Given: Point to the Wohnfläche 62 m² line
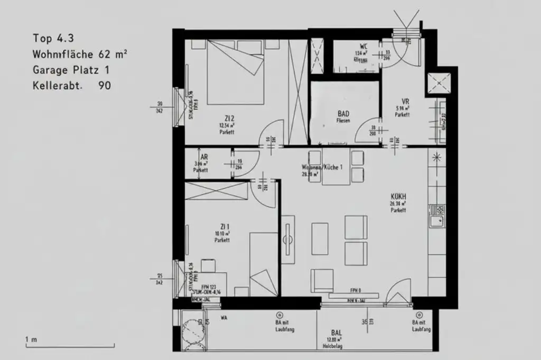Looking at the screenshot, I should (79, 54).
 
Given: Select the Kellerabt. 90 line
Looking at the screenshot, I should (72, 86).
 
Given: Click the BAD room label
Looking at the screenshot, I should (343, 113).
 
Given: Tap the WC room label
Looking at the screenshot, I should (363, 46).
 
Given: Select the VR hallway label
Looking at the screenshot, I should (405, 101).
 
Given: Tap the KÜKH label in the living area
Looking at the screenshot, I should (398, 196).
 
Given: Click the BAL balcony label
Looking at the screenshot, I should (336, 333).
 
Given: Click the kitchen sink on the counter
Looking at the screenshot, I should (437, 216).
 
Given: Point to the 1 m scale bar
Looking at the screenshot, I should (69, 346).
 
